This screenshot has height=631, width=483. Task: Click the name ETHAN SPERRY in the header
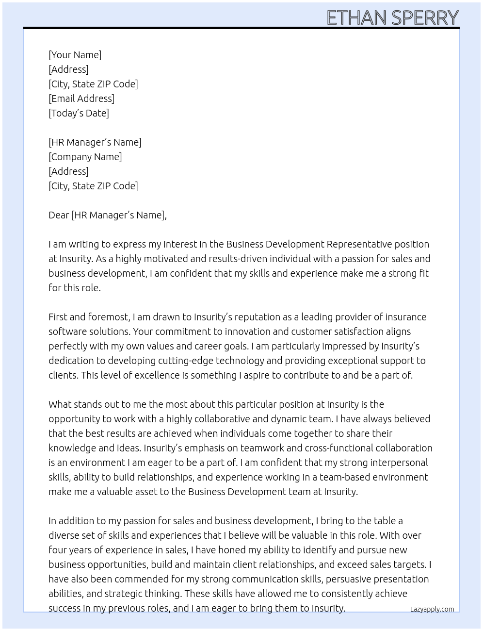pyautogui.click(x=392, y=18)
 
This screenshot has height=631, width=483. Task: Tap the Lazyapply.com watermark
pyautogui.click(x=432, y=609)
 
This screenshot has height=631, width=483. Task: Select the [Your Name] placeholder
pyautogui.click(x=75, y=55)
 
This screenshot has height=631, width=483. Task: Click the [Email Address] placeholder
pyautogui.click(x=81, y=99)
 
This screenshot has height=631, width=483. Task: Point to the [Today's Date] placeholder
pyautogui.click(x=79, y=113)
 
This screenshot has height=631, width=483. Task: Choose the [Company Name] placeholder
pyautogui.click(x=85, y=157)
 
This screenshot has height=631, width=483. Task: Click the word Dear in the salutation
pyautogui.click(x=59, y=215)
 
